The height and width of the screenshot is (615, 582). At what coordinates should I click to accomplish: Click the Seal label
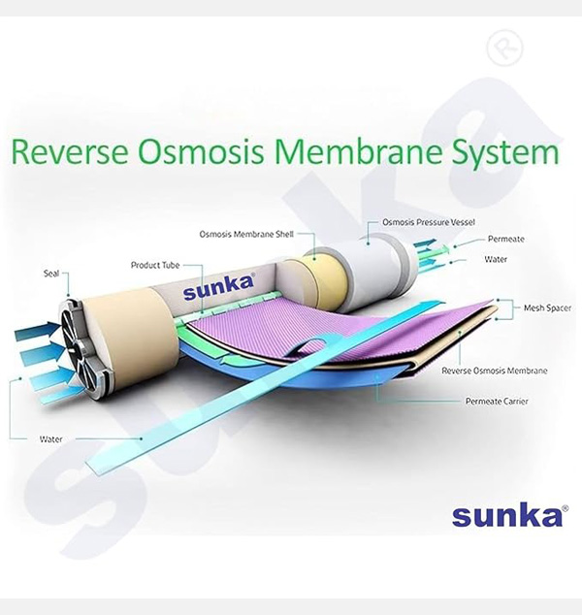51,274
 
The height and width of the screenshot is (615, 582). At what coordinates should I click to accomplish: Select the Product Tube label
154,264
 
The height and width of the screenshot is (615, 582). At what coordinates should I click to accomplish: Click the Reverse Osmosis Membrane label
494,371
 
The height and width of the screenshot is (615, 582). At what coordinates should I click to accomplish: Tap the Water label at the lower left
50,439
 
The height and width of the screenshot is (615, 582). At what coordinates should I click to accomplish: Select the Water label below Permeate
495,259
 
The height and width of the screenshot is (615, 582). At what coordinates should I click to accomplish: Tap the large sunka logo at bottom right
506,515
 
